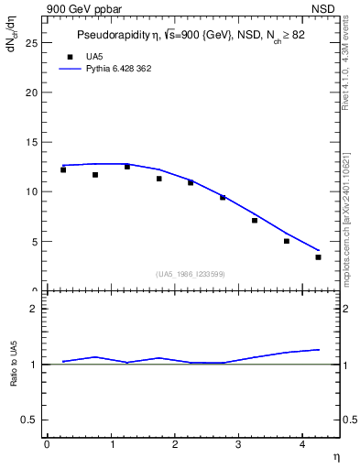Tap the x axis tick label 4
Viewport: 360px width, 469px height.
[302, 444]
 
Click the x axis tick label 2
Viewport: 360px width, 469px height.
[174, 444]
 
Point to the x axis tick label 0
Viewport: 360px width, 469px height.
[47, 444]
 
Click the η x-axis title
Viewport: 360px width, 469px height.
[336, 456]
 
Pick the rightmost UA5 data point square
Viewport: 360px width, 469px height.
[318, 257]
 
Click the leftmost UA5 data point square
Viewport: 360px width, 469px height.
[63, 169]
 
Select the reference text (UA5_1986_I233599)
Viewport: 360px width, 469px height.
[191, 274]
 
